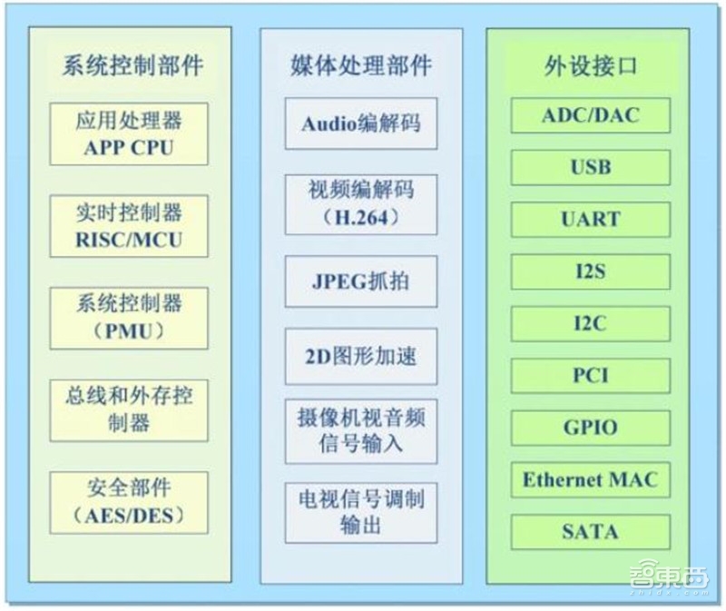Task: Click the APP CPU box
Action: click(129, 133)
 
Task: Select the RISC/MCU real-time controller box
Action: click(129, 226)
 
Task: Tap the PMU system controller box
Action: click(129, 318)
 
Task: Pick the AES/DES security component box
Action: click(129, 502)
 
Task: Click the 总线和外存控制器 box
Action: click(129, 409)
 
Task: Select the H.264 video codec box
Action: click(361, 202)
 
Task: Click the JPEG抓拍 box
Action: click(361, 279)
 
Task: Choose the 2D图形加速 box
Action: click(361, 355)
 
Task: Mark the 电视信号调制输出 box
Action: click(361, 511)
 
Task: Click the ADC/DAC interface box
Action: click(590, 115)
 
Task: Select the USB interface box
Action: click(590, 167)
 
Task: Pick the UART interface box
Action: click(590, 219)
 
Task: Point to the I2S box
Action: click(590, 271)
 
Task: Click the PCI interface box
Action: click(590, 375)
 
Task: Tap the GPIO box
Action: click(590, 427)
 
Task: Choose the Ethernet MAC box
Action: click(590, 479)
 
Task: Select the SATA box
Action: click(590, 531)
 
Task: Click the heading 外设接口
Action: click(590, 66)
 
